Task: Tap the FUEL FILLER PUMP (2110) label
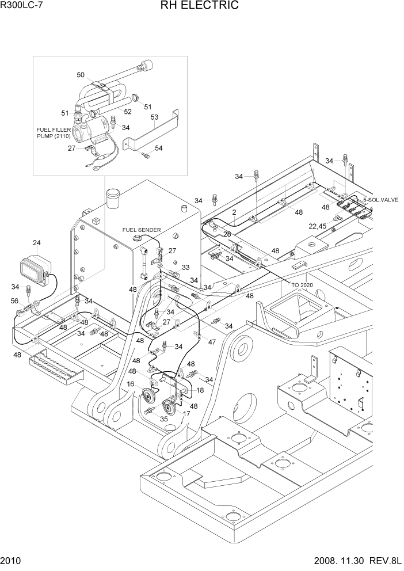pyautogui.click(x=54, y=134)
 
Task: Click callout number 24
pyautogui.click(x=37, y=243)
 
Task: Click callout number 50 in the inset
pyautogui.click(x=81, y=75)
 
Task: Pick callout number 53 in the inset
pyautogui.click(x=154, y=117)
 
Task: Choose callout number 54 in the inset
pyautogui.click(x=158, y=148)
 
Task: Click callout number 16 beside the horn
pyautogui.click(x=131, y=384)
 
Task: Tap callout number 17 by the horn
pyautogui.click(x=185, y=413)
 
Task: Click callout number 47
pyautogui.click(x=212, y=342)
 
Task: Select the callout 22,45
pyautogui.click(x=318, y=226)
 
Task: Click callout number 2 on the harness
pyautogui.click(x=234, y=212)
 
